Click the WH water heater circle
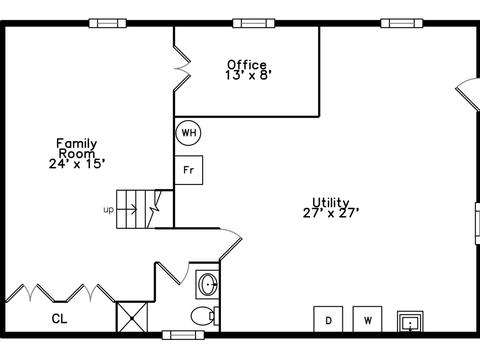[x=188, y=133]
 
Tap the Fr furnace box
[x=189, y=170]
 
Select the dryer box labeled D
[x=328, y=319]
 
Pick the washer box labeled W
[x=368, y=319]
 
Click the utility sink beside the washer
[x=410, y=322]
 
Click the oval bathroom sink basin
[x=207, y=284]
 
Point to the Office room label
[x=247, y=64]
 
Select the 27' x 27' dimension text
[x=331, y=213]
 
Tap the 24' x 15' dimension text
[x=77, y=164]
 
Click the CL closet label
[x=59, y=319]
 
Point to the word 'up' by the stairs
[x=109, y=210]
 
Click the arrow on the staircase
[x=127, y=210]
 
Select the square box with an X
[x=132, y=317]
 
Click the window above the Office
[x=254, y=23]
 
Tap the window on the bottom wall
[x=183, y=335]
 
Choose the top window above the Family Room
[x=108, y=23]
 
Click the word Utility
[x=331, y=202]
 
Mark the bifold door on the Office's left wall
[x=182, y=68]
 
